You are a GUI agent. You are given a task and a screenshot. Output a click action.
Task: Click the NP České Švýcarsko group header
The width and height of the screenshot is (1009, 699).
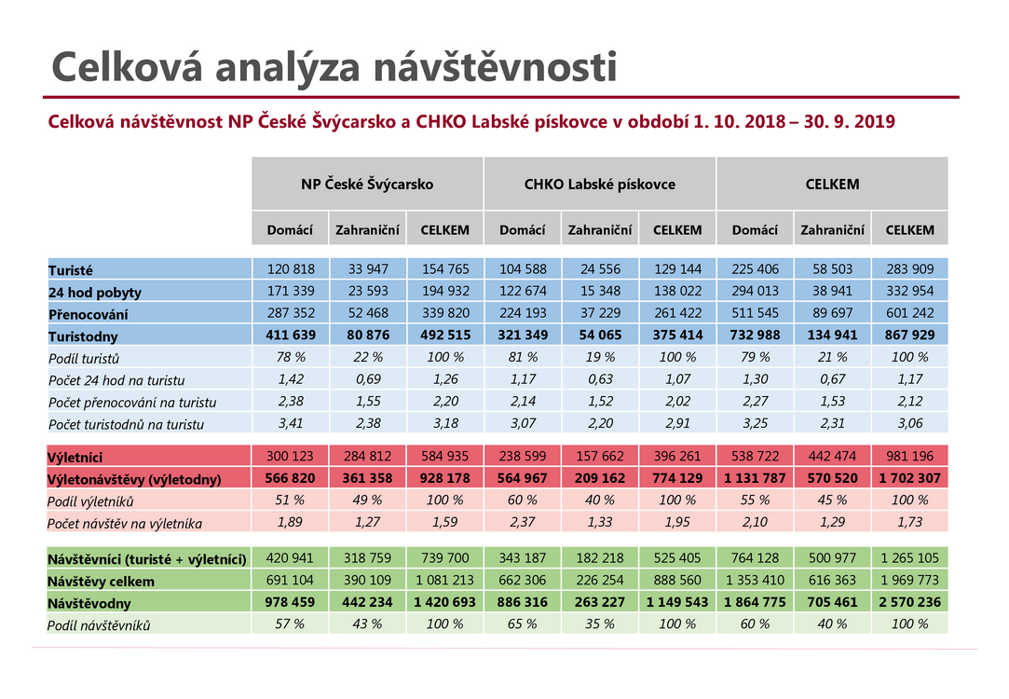click(x=367, y=185)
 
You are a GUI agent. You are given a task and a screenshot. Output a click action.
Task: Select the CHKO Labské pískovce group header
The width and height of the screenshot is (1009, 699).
click(x=600, y=185)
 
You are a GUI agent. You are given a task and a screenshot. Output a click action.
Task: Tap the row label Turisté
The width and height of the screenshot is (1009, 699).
click(x=71, y=270)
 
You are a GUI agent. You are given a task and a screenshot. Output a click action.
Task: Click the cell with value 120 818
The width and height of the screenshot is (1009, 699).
click(x=291, y=269)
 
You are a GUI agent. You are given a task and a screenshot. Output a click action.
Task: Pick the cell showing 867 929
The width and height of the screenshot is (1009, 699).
click(x=910, y=335)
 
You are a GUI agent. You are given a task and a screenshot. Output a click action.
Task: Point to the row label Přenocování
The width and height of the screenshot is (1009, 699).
click(x=89, y=314)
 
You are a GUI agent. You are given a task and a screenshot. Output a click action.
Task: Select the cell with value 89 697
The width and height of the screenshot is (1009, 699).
click(x=832, y=313)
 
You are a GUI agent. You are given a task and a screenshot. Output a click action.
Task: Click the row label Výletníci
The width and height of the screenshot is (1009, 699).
click(x=75, y=458)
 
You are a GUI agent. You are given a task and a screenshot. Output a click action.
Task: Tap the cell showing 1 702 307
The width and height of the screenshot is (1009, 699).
click(x=910, y=478)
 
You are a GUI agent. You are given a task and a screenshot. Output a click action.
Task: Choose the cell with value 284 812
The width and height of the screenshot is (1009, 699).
click(x=367, y=457)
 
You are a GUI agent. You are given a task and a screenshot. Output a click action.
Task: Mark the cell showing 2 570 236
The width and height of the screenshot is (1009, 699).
click(x=910, y=602)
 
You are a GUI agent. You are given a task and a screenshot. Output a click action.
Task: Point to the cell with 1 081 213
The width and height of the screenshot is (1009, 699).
click(x=444, y=580)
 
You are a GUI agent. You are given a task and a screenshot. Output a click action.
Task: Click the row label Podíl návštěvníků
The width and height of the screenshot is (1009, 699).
click(x=99, y=625)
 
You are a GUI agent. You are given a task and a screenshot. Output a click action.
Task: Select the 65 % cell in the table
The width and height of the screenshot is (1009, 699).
click(x=523, y=624)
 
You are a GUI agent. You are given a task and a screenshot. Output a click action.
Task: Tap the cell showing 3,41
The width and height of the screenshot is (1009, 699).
click(x=291, y=423)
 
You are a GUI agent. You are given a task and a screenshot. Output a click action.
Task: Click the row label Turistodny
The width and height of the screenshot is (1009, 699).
click(x=83, y=336)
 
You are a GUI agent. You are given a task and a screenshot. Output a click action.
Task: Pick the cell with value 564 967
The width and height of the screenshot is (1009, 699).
click(x=523, y=478)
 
